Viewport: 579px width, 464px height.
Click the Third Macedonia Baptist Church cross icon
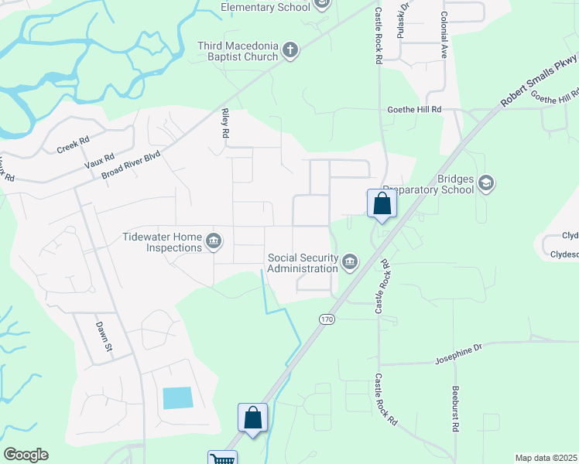pyautogui.click(x=290, y=51)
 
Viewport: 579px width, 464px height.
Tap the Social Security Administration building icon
pyautogui.click(x=350, y=262)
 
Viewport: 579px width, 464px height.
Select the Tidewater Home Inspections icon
pyautogui.click(x=213, y=242)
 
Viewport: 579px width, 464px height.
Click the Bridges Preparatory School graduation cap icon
pyautogui.click(x=485, y=183)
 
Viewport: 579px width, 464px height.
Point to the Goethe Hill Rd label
pyautogui.click(x=414, y=110)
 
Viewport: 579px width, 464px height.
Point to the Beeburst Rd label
pyautogui.click(x=456, y=408)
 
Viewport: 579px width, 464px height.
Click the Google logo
pyautogui.click(x=26, y=455)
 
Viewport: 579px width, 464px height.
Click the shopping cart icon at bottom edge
pyautogui.click(x=222, y=459)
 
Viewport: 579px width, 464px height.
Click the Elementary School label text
pyautogui.click(x=265, y=7)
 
